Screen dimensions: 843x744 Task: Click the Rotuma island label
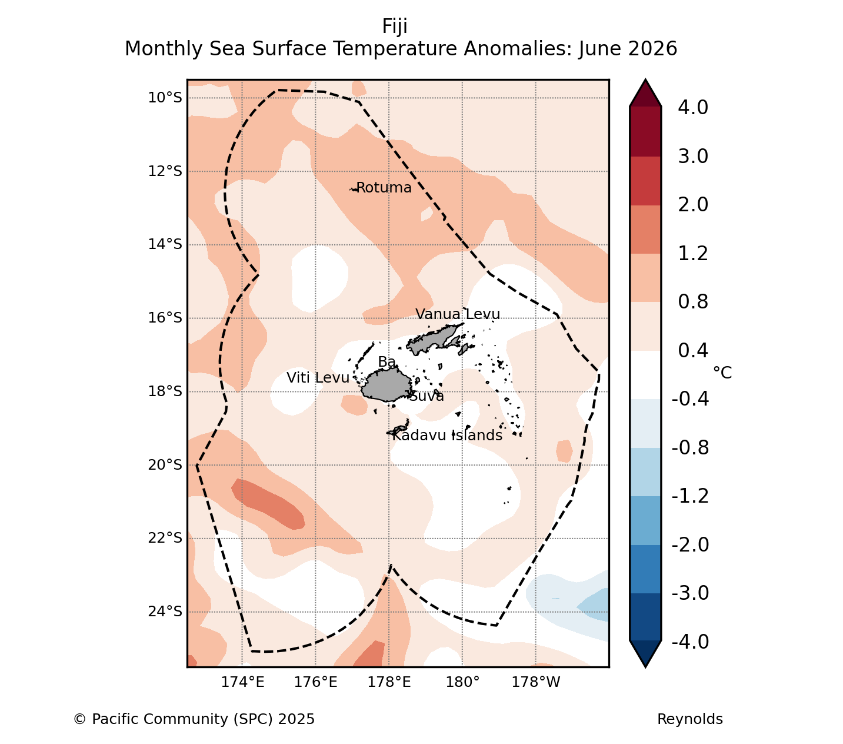click(384, 188)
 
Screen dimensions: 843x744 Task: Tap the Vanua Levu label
click(457, 314)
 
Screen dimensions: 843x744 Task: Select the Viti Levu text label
click(318, 378)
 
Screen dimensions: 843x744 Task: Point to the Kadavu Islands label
click(447, 435)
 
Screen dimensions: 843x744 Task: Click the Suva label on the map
click(427, 396)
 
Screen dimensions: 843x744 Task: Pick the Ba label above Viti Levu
click(386, 362)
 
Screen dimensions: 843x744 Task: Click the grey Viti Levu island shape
click(386, 385)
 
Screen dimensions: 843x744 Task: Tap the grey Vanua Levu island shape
click(435, 338)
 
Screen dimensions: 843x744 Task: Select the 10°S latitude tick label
click(165, 98)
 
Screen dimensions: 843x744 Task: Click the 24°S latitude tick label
click(165, 611)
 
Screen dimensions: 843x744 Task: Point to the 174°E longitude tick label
click(242, 682)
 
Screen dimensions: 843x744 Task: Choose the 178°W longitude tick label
click(535, 682)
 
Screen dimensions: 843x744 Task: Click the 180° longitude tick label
click(462, 682)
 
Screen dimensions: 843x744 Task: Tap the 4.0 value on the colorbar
click(693, 107)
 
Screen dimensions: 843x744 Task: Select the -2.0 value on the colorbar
click(690, 544)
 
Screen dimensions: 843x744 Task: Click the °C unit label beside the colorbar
click(722, 373)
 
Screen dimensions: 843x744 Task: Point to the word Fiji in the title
click(395, 26)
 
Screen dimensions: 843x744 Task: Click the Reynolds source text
click(690, 719)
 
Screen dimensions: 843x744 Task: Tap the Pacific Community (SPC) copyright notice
click(194, 719)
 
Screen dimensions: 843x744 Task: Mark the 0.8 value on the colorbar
click(693, 301)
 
